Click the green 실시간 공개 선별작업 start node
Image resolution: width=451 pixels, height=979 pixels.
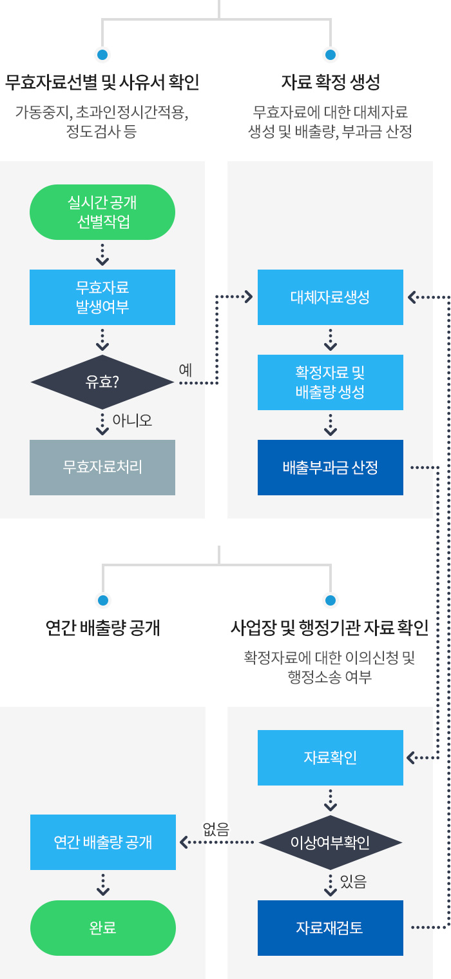click(x=102, y=212)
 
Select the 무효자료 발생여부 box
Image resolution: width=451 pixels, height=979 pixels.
click(x=102, y=297)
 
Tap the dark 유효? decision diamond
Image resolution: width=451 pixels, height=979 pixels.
click(x=102, y=382)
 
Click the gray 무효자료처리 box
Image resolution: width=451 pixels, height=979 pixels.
click(x=102, y=467)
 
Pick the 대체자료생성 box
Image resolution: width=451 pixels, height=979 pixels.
click(x=330, y=297)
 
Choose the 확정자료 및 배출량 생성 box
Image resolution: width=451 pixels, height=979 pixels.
click(x=330, y=382)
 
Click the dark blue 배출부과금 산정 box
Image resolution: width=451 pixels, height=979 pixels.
click(x=330, y=467)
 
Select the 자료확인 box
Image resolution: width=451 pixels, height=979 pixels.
click(x=330, y=757)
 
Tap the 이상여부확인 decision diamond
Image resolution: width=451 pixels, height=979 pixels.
click(x=330, y=842)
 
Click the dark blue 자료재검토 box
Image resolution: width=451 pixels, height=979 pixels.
click(x=330, y=927)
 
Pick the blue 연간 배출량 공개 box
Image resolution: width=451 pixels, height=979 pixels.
click(x=103, y=842)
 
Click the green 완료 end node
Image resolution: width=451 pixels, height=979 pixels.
click(x=103, y=927)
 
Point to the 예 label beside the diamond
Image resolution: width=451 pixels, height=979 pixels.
click(x=186, y=370)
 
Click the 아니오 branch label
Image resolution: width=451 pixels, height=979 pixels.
click(x=132, y=420)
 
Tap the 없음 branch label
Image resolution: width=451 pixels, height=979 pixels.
click(x=216, y=828)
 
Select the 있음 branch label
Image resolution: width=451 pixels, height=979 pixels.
click(x=353, y=882)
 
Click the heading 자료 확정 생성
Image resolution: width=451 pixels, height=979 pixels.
click(x=330, y=83)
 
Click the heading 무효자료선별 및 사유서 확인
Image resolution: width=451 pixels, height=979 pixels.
click(x=102, y=83)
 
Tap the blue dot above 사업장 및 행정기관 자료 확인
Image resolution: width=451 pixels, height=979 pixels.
click(x=331, y=600)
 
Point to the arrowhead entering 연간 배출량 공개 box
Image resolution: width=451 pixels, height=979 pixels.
click(x=184, y=842)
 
